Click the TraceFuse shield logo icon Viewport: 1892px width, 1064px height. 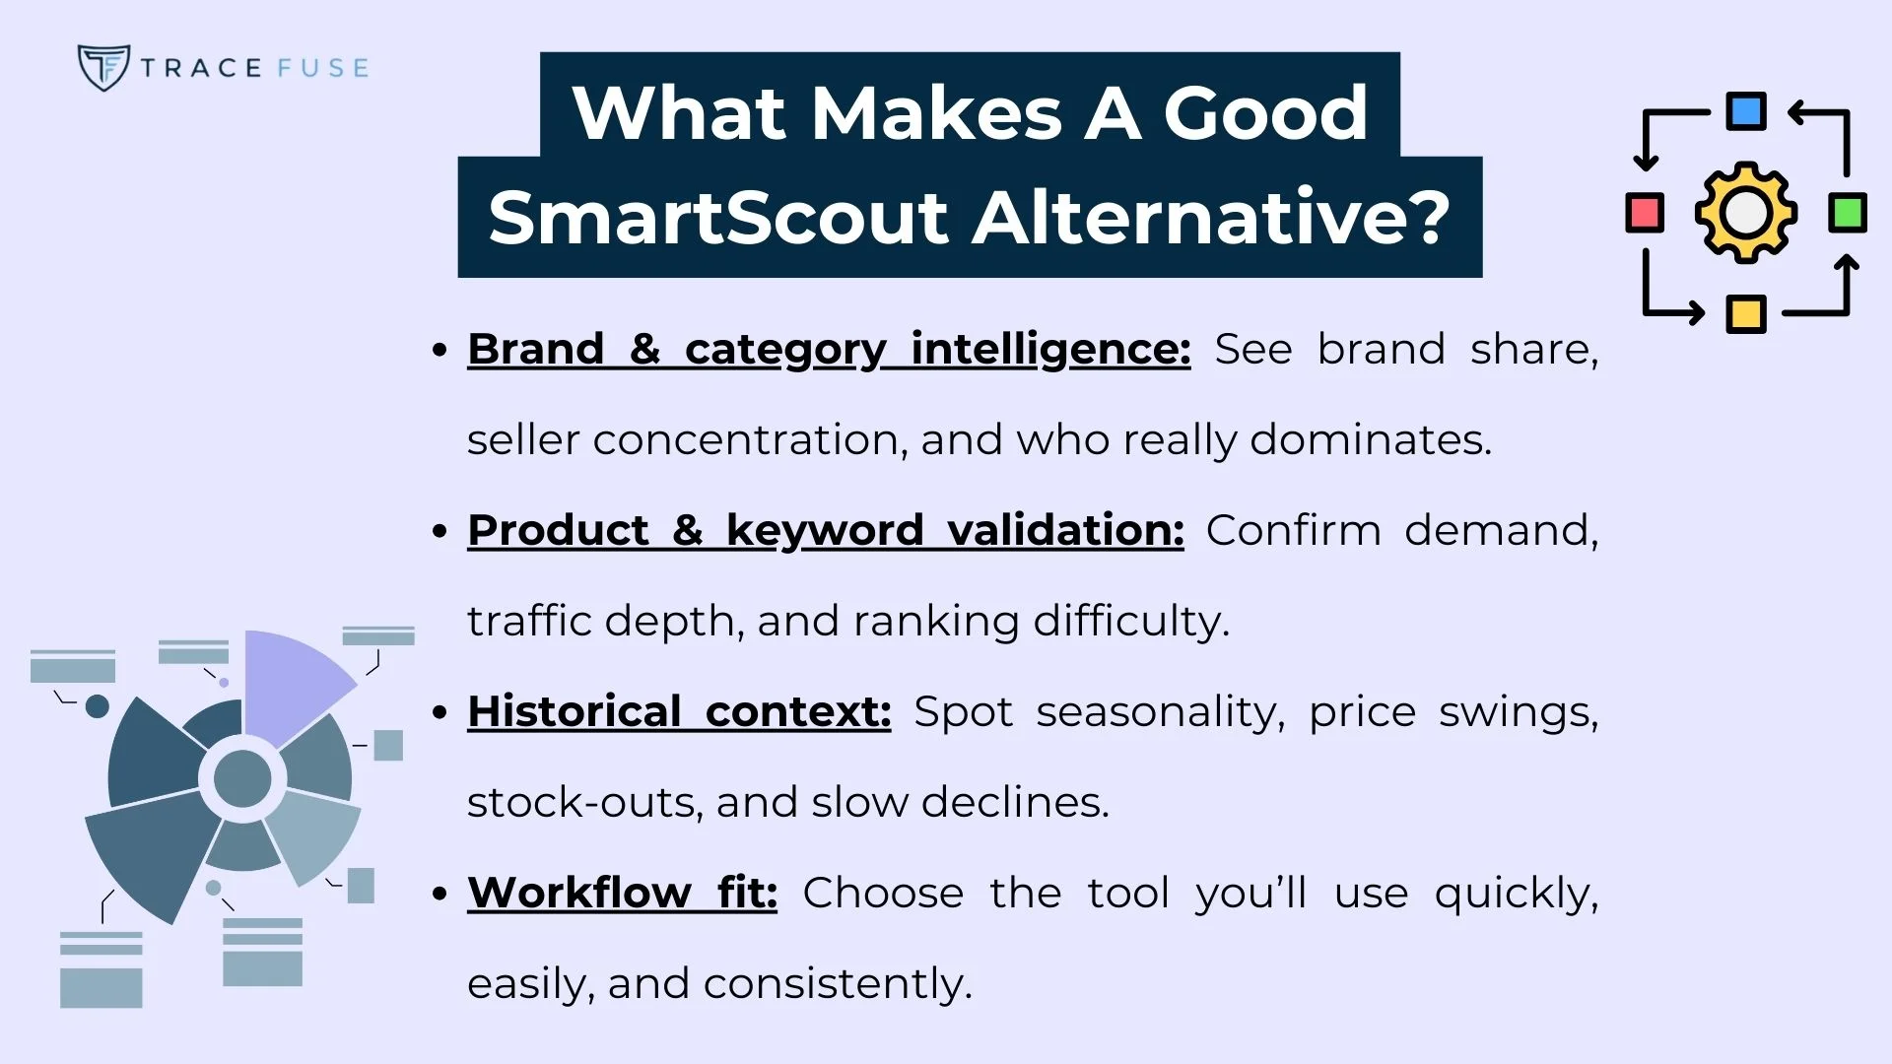point(102,68)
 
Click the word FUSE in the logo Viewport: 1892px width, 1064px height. point(322,68)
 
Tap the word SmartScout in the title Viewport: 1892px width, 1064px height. point(717,218)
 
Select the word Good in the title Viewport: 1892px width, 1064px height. point(1265,113)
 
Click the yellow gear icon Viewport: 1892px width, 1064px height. point(1745,213)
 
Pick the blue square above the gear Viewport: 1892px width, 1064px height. point(1746,111)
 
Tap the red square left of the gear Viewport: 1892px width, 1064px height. point(1645,213)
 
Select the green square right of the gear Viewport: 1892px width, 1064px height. point(1847,213)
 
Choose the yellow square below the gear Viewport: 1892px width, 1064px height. point(1746,314)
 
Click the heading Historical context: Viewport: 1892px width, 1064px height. point(679,711)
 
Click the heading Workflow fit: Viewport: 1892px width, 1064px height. point(622,893)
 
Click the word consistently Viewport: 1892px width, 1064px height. point(838,983)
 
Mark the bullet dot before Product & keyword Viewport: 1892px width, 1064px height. point(440,531)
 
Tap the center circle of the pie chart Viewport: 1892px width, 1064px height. point(242,778)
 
